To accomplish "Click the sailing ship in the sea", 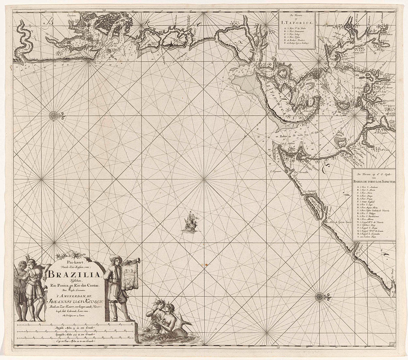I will (190, 223).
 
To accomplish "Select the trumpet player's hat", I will (116, 258).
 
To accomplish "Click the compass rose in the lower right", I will (320, 296).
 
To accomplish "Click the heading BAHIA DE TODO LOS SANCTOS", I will (374, 182).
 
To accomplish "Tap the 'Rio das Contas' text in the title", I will (92, 284).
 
